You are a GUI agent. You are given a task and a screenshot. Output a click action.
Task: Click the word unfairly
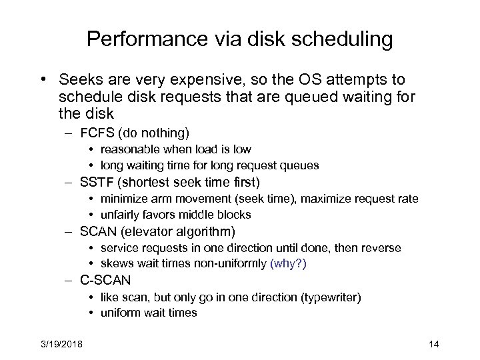coord(121,214)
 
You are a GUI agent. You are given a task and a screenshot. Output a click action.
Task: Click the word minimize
coord(122,199)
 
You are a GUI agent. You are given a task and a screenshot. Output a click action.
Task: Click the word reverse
coord(382,248)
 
